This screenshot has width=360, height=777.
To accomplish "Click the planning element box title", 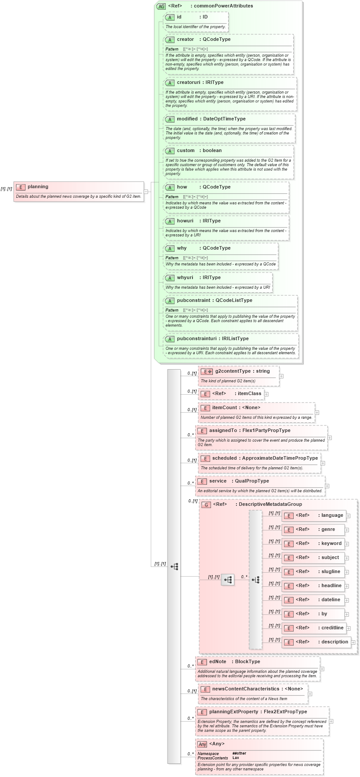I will (x=38, y=187).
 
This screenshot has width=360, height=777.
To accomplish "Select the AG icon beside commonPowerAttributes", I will (x=161, y=6).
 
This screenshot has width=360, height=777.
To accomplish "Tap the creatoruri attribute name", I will (x=188, y=83).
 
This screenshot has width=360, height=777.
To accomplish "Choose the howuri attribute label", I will (x=185, y=221).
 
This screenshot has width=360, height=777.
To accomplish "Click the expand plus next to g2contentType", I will (x=281, y=376).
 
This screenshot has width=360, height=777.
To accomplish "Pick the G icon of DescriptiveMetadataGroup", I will (x=206, y=505).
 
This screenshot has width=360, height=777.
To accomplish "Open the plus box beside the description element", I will (x=353, y=643).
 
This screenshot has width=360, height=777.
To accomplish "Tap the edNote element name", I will (x=218, y=662).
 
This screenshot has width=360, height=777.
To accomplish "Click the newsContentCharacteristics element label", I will (x=246, y=689).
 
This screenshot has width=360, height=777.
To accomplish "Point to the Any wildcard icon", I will (x=202, y=744).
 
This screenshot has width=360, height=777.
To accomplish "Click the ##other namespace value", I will (x=239, y=754).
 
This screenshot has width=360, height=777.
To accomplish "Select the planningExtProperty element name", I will (x=233, y=712).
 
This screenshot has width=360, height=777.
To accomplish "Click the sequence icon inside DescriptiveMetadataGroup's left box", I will (x=228, y=580).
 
